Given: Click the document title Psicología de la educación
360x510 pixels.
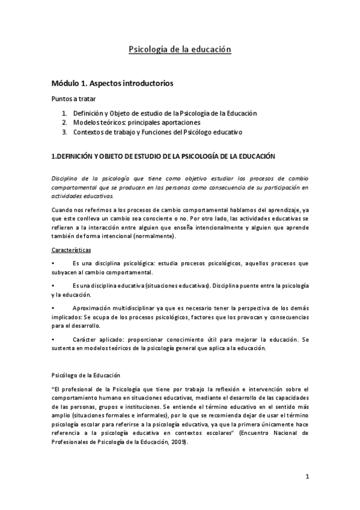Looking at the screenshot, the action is pos(180,49).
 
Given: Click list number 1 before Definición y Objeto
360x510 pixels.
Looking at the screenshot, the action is pos(64,113).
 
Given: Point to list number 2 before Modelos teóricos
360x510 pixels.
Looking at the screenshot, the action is pos(64,122).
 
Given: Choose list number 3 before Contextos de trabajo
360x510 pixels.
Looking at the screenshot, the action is pos(64,132).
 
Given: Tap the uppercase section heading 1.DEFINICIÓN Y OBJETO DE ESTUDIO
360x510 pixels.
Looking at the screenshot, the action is pos(163,156).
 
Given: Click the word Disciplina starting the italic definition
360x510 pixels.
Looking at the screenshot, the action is pos(65,179).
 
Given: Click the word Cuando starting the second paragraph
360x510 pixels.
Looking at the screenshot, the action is pos(63,209).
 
